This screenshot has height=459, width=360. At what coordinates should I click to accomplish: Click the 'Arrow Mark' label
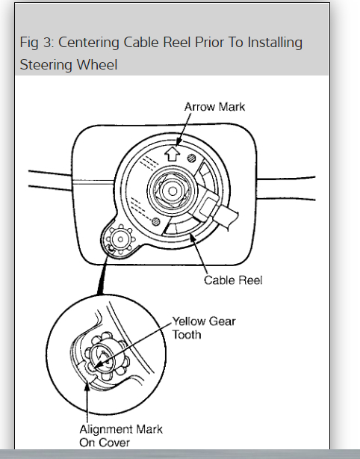(214, 107)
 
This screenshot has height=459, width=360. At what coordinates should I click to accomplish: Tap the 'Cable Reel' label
(233, 280)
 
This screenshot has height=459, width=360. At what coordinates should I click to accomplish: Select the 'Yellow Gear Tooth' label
(204, 328)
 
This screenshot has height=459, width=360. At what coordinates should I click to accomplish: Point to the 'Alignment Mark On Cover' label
(121, 436)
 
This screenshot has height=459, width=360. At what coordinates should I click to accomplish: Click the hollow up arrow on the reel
(172, 154)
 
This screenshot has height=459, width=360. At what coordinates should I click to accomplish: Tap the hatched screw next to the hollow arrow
(192, 158)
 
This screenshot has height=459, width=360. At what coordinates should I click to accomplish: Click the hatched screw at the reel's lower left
(156, 221)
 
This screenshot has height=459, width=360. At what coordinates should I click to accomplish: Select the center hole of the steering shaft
(173, 191)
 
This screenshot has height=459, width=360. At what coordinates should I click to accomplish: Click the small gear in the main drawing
(120, 239)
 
